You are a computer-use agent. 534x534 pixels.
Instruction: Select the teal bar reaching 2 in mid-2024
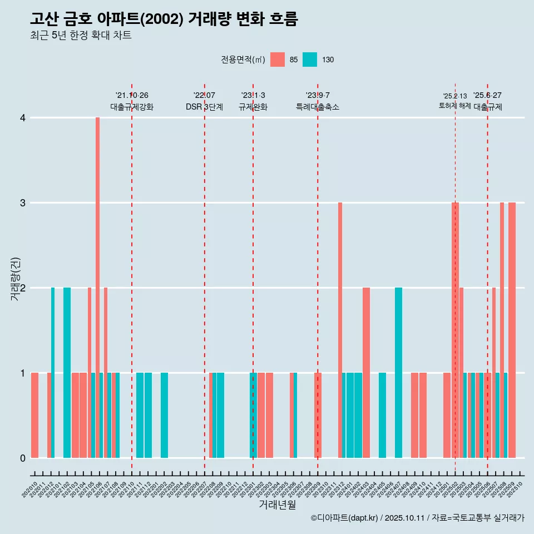point(398,373)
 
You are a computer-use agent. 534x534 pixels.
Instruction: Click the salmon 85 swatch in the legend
point(277,60)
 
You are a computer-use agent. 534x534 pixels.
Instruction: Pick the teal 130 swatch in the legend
point(310,60)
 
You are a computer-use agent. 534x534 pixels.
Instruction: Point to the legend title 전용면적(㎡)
point(243,60)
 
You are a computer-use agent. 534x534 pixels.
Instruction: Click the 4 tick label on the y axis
point(22,118)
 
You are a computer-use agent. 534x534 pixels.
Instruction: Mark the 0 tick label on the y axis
point(22,458)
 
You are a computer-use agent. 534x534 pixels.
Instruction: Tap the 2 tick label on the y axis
point(22,288)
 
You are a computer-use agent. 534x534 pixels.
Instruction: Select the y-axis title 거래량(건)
point(15,278)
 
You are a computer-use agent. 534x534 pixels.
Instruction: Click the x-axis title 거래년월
point(277,505)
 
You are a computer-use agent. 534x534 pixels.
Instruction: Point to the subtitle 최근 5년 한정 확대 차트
point(81,36)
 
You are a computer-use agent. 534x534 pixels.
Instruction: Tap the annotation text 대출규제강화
point(132,107)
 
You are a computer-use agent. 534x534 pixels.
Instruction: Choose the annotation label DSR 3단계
point(204,107)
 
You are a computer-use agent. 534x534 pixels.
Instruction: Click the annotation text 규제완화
point(253,107)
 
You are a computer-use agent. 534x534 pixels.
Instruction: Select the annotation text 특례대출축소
point(318,107)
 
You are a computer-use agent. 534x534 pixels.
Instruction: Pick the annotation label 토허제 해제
point(454,106)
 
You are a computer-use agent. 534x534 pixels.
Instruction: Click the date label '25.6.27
point(487,96)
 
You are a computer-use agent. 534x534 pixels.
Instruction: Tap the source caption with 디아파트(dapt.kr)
point(417,518)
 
